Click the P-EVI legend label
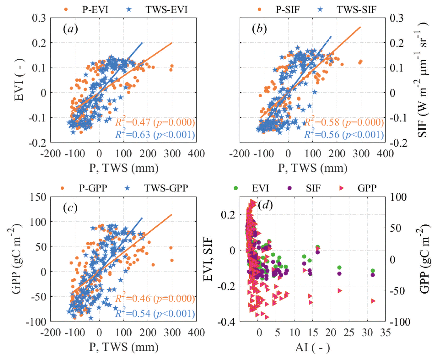click(x=95, y=10)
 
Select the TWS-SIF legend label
click(x=356, y=10)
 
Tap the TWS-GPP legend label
click(x=166, y=188)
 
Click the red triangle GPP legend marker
click(x=342, y=188)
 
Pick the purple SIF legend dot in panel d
click(x=289, y=188)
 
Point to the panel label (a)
click(x=70, y=29)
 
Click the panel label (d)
click(x=265, y=205)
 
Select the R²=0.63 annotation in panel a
click(x=155, y=135)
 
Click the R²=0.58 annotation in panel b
click(x=344, y=122)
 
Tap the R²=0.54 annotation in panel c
click(x=155, y=313)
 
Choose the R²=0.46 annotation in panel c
click(x=155, y=298)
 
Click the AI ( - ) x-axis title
click(x=313, y=347)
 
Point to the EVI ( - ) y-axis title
click(x=19, y=80)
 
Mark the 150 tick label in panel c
click(x=38, y=197)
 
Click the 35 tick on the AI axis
click(x=385, y=333)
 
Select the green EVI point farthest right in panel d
click(x=373, y=271)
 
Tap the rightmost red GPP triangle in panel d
click(x=373, y=301)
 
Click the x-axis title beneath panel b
click(x=313, y=168)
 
